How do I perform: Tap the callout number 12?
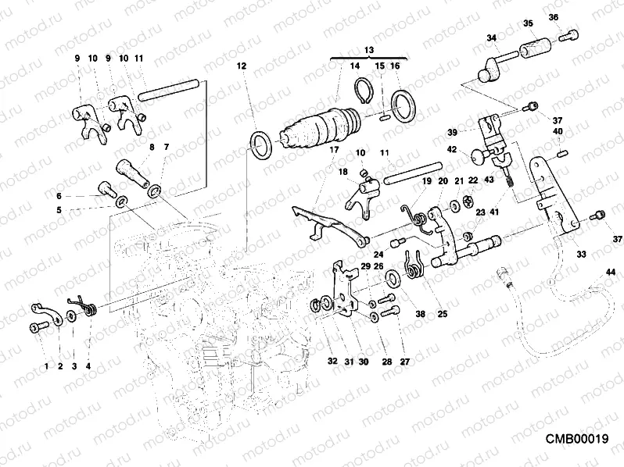coord(242,66)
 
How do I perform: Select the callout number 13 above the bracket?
coord(369,48)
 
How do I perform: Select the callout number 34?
coord(491,37)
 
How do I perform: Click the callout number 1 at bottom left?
coord(46,365)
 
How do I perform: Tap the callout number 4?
coord(88,365)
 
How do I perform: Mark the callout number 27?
coord(404,361)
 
